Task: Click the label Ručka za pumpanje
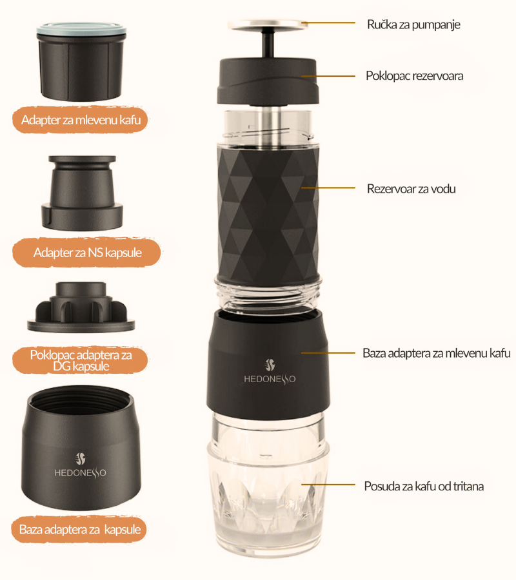[x=413, y=24]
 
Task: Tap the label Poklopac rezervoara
[x=414, y=76]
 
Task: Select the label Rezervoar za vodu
[x=411, y=189]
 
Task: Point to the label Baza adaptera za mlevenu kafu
[x=437, y=353]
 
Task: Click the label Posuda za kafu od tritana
[x=424, y=486]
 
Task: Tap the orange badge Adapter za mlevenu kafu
[x=81, y=120]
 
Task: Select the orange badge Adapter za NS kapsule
[x=87, y=253]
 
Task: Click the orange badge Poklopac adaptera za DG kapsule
[x=81, y=360]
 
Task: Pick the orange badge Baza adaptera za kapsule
[x=79, y=529]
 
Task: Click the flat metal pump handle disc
[x=268, y=24]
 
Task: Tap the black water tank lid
[x=268, y=81]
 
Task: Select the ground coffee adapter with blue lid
[x=81, y=62]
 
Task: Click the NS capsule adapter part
[x=82, y=192]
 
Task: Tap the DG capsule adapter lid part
[x=81, y=307]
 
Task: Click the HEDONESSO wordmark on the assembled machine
[x=270, y=379]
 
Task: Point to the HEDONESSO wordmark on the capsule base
[x=81, y=473]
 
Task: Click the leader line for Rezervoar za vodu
[x=328, y=188]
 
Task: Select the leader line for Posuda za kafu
[x=328, y=485]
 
